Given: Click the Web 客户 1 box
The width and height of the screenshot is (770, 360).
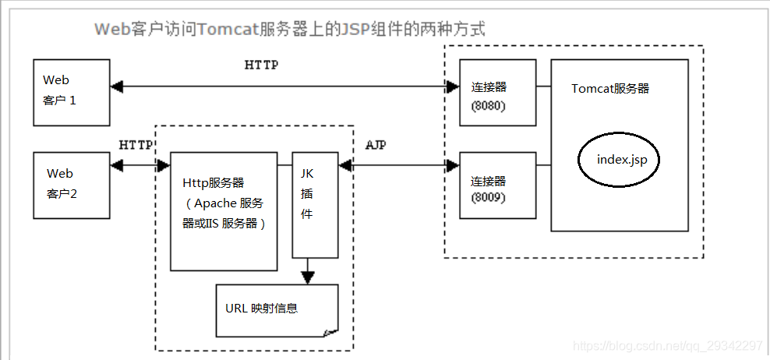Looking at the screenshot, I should click(71, 91).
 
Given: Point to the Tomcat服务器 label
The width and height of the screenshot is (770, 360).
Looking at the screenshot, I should click(610, 89).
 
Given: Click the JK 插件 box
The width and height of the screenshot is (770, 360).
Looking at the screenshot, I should click(315, 204).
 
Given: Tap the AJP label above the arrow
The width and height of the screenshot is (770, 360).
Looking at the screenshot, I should click(376, 146).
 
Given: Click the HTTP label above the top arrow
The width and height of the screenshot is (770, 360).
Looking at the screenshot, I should click(261, 65).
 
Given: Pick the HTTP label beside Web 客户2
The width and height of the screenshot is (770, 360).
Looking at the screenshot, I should click(136, 146).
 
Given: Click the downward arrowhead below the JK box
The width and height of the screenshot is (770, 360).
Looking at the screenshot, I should click(308, 276).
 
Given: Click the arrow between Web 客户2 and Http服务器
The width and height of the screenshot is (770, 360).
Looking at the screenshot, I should click(140, 165).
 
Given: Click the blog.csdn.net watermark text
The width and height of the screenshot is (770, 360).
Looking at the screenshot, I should click(667, 346).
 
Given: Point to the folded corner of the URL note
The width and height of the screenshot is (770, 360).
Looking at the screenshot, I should click(330, 332).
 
